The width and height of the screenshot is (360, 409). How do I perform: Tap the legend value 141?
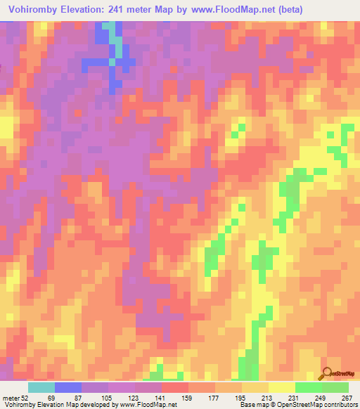coord(162,398)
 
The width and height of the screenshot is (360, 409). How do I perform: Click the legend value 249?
coord(322,398)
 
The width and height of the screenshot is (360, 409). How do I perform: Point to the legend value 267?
coord(347,398)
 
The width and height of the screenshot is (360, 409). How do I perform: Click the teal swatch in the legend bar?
coord(41,387)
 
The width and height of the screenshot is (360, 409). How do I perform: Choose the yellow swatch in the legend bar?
coord(281,387)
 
